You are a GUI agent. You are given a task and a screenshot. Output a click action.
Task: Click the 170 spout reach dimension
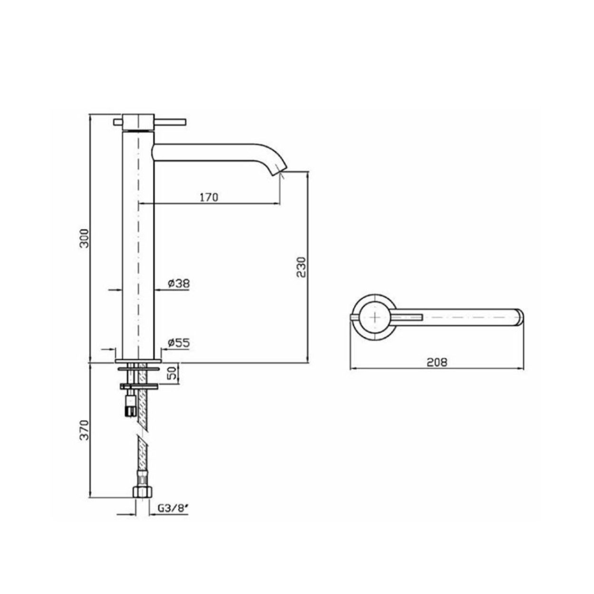[209, 197]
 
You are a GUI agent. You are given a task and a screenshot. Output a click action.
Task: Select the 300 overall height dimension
[84, 238]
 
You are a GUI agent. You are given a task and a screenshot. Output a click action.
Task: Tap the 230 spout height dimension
[302, 267]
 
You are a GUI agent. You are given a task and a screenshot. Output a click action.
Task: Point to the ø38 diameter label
[179, 283]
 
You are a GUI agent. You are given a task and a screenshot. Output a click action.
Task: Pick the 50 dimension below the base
[173, 373]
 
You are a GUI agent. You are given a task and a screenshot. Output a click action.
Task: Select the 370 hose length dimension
[84, 430]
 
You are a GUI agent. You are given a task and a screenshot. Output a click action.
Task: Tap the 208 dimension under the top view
[437, 362]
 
